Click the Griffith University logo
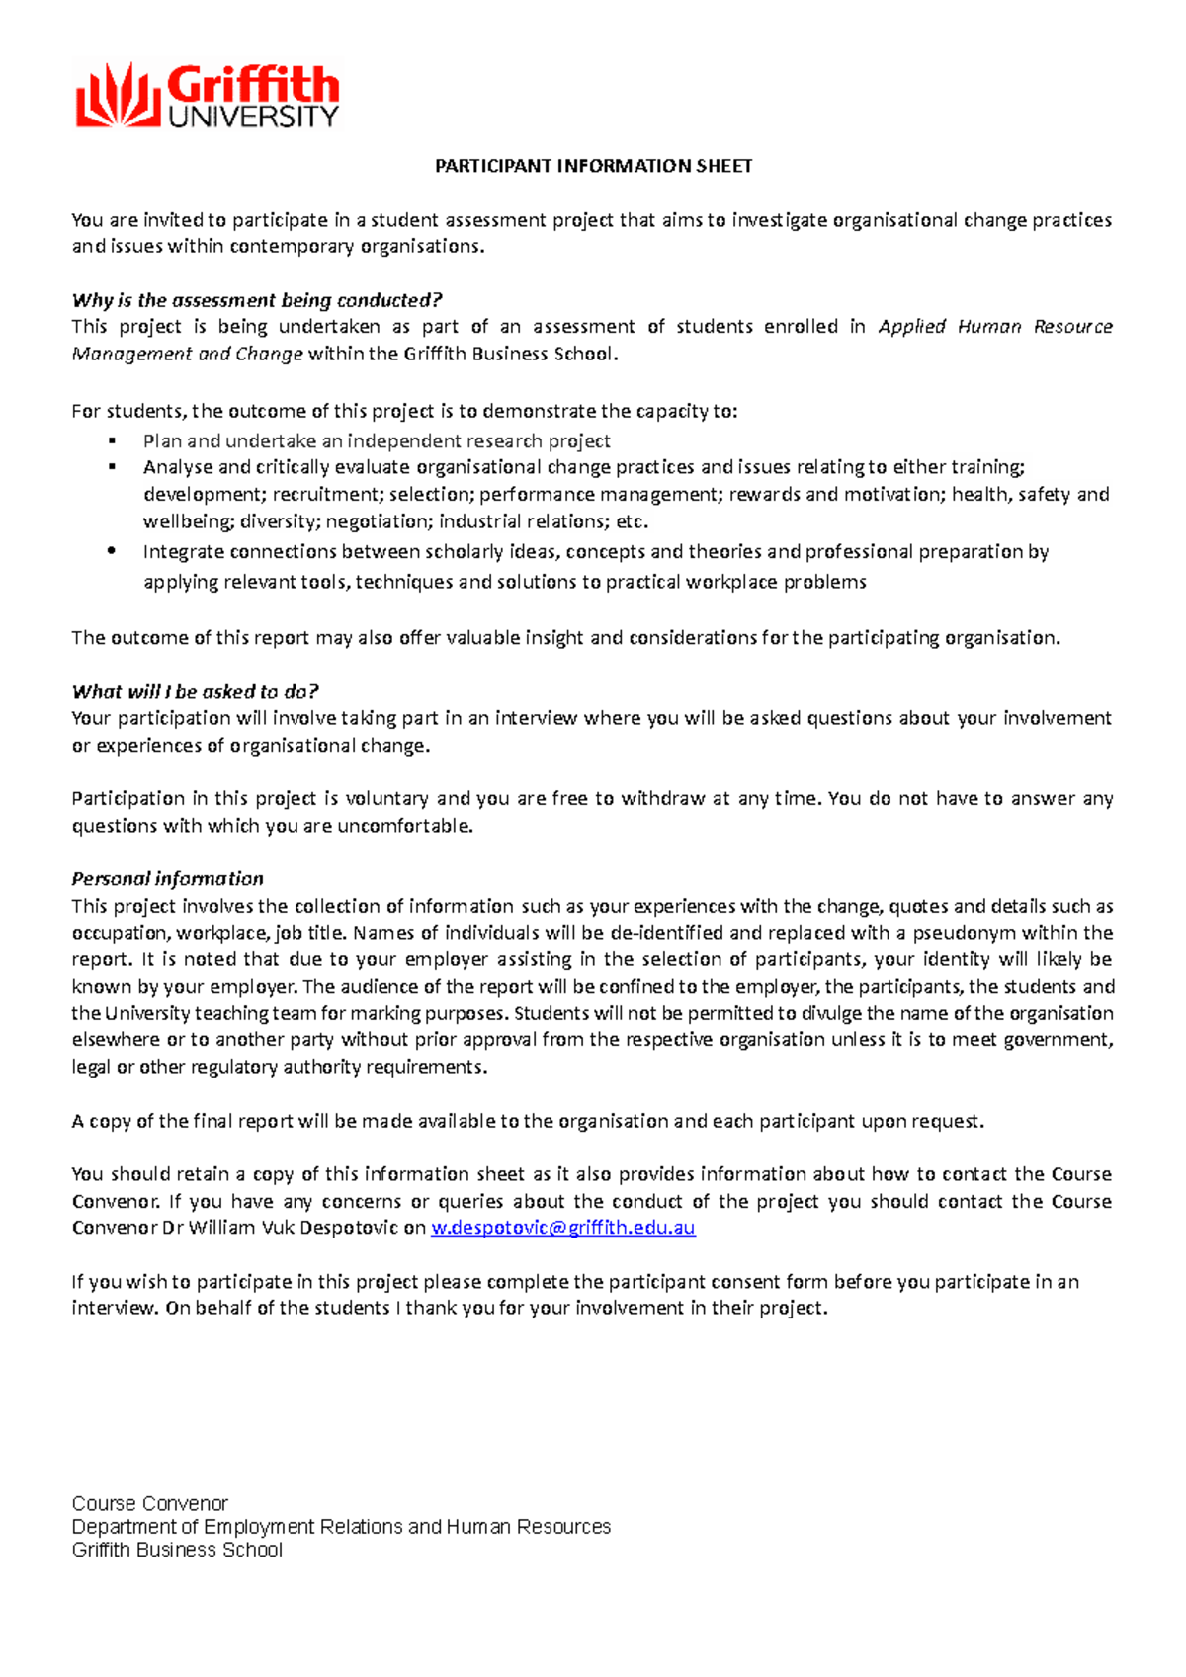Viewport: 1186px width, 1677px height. (x=207, y=96)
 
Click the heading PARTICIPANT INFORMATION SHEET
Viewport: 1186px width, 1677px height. (x=593, y=166)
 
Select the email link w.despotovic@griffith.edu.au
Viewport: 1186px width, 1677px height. (x=564, y=1228)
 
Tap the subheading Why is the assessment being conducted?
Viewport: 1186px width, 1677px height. (x=256, y=300)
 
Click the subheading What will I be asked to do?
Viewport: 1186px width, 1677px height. (x=195, y=691)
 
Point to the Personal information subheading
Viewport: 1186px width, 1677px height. (x=167, y=878)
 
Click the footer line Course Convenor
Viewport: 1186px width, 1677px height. (x=149, y=1503)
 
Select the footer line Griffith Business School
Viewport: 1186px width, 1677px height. (x=177, y=1550)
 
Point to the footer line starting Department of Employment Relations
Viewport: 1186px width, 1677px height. (x=341, y=1526)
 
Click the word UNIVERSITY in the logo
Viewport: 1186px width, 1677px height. (x=253, y=117)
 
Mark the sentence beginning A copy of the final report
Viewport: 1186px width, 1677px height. (x=528, y=1121)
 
